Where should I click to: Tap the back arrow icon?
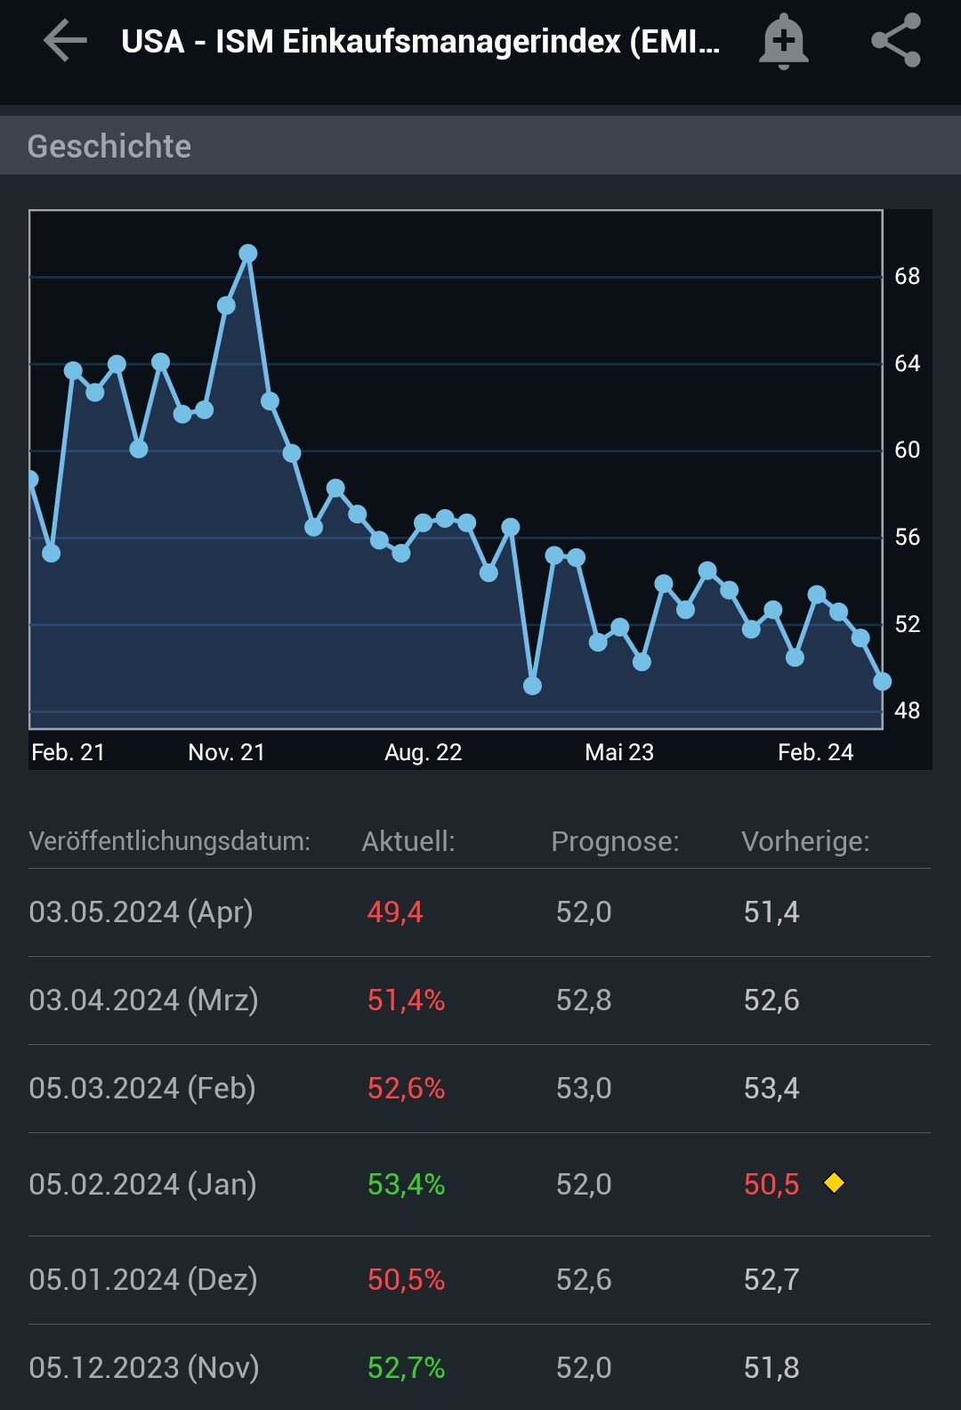(x=65, y=41)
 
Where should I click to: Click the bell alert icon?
(x=783, y=41)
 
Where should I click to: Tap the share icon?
(x=896, y=41)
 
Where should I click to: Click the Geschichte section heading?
(x=109, y=146)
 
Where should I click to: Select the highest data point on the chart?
(x=248, y=254)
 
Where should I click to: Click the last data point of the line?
(x=882, y=682)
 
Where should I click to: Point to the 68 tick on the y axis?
(x=907, y=277)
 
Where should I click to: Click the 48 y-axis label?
(x=907, y=710)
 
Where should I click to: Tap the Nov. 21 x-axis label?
(x=226, y=753)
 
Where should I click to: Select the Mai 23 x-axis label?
(x=618, y=753)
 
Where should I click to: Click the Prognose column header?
(x=615, y=841)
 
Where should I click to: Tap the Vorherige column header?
(x=805, y=841)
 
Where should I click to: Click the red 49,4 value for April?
(x=395, y=912)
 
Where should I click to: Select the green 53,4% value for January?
(x=406, y=1185)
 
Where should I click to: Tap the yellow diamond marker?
(x=834, y=1183)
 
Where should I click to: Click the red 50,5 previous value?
(x=771, y=1185)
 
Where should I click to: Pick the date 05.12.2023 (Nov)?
(x=144, y=1367)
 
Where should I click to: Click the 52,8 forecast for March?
(x=584, y=1001)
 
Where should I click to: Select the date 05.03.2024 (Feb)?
(x=142, y=1089)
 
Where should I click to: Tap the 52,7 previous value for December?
(x=771, y=1280)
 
